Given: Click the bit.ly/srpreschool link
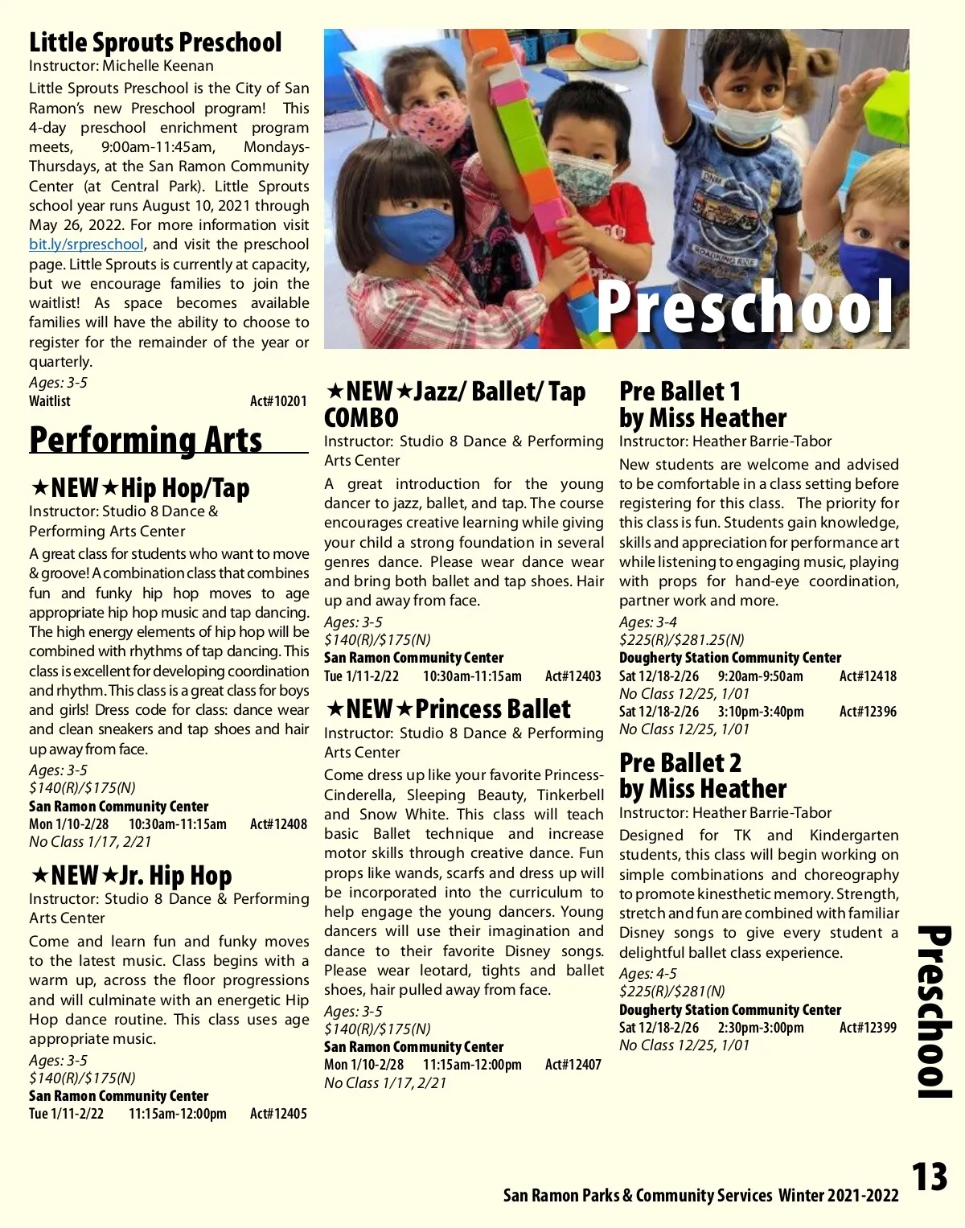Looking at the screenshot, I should click(x=86, y=244).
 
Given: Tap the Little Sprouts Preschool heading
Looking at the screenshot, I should click(x=155, y=42).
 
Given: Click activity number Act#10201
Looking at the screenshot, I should click(x=278, y=400).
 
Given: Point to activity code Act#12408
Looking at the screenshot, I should click(x=278, y=823).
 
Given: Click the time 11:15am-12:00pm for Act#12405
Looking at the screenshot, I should click(x=177, y=1114).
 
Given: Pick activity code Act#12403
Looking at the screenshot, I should click(x=573, y=676).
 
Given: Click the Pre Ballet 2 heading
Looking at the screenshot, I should click(x=680, y=762).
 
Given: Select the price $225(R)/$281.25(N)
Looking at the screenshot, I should click(x=681, y=640).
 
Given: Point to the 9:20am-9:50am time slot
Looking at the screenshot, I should click(x=760, y=676).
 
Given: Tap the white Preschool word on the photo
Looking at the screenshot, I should click(x=745, y=306).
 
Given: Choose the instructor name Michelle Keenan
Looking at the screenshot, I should click(x=158, y=66).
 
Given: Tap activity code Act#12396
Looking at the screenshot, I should click(x=868, y=712).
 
